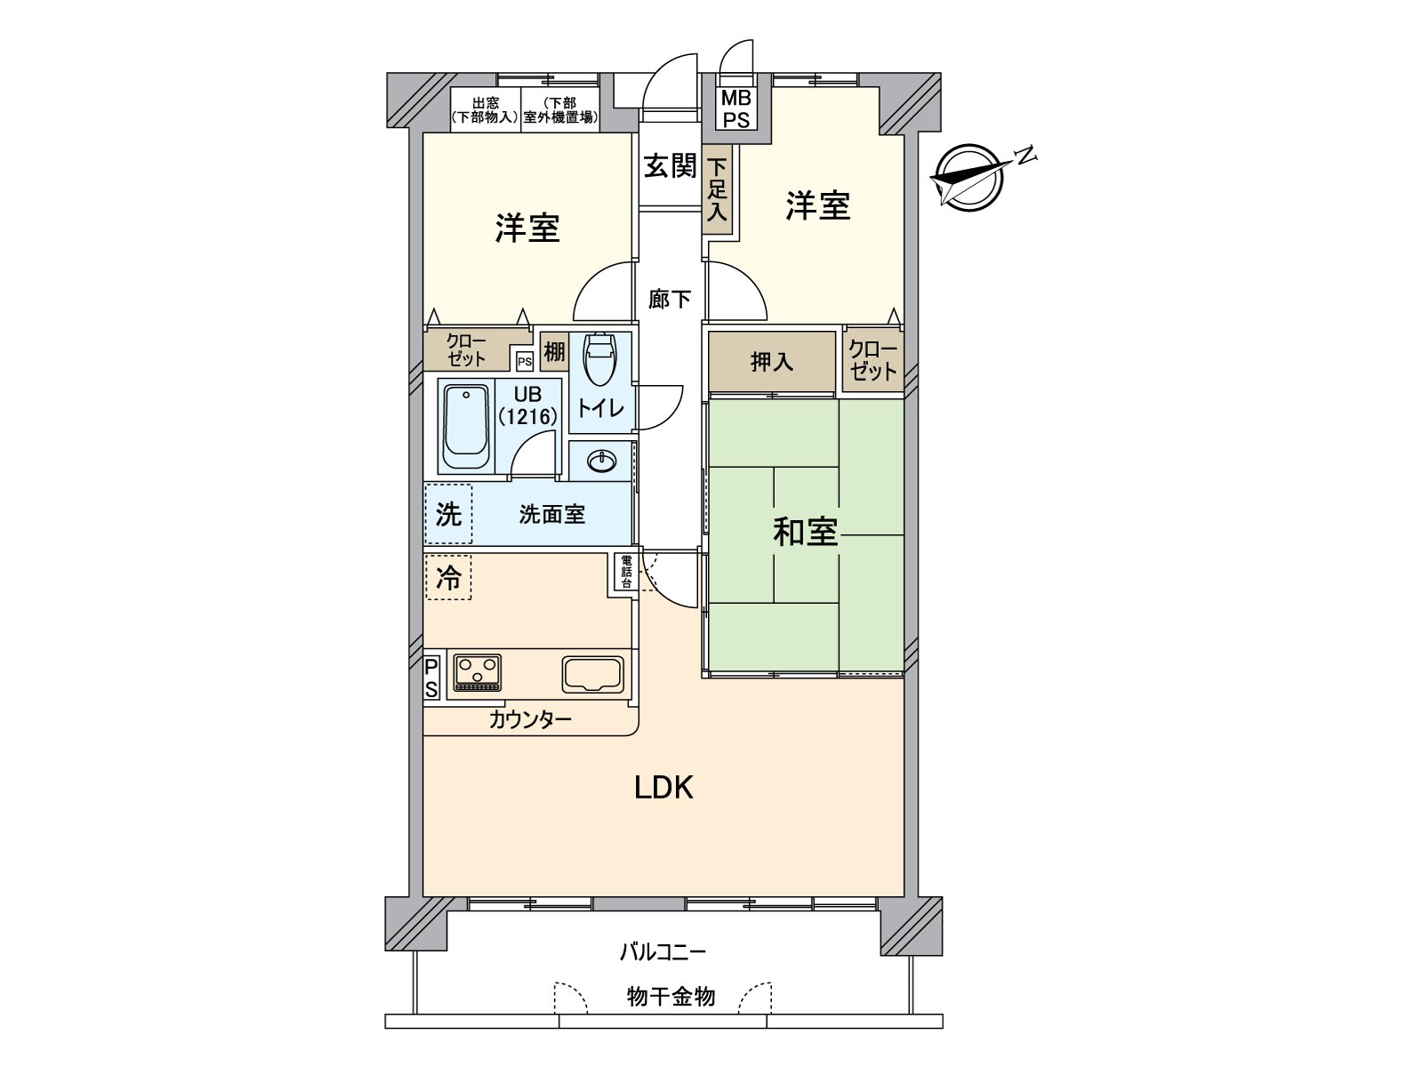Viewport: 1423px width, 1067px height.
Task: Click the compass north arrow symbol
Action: pos(970,177)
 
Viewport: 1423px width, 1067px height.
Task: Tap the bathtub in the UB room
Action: pos(466,426)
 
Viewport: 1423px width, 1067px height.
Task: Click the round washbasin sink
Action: pos(602,461)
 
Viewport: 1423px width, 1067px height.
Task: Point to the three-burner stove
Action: pos(478,672)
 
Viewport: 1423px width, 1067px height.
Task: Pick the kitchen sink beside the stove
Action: pos(593,674)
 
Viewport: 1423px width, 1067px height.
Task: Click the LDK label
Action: pos(663,788)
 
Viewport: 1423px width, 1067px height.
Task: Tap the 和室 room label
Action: pos(805,532)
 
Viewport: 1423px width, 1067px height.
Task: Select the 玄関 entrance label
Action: pos(670,165)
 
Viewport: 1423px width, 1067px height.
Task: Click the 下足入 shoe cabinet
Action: pos(717,189)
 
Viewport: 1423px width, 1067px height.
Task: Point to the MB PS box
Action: pos(736,108)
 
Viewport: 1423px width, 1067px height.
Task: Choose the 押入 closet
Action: pos(772,361)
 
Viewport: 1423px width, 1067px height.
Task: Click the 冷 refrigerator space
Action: pos(448,578)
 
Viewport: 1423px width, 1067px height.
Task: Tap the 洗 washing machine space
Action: pos(448,514)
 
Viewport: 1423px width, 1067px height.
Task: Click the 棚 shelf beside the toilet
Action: pos(554,351)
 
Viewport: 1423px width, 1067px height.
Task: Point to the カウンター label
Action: pos(530,719)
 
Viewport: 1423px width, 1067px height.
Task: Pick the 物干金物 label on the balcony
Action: pos(671,997)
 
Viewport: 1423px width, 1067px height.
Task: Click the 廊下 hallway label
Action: pos(669,299)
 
